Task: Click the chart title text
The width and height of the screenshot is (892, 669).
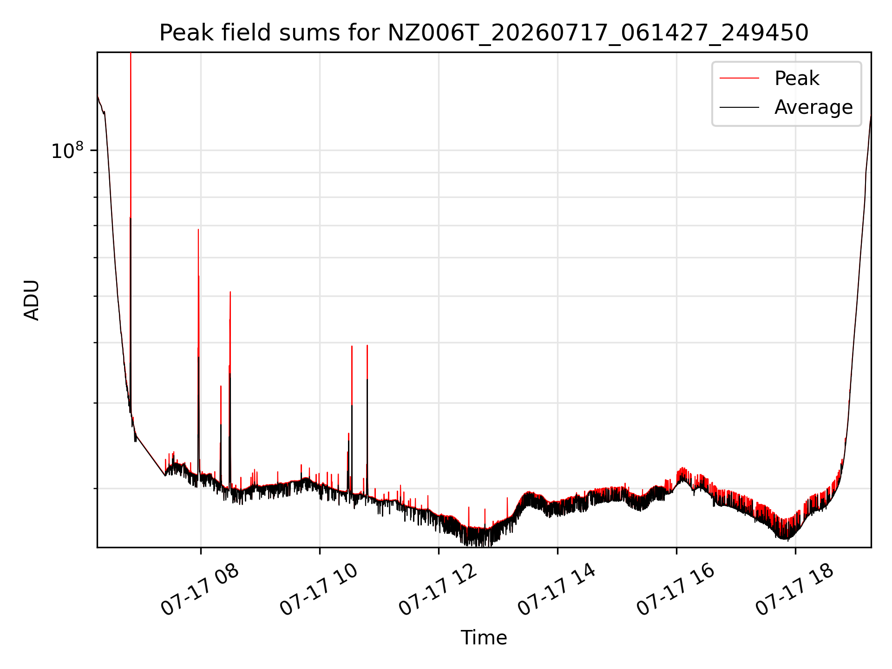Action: click(x=484, y=33)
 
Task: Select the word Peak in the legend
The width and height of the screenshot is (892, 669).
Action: click(x=797, y=79)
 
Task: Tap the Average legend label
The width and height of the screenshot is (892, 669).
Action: click(x=813, y=107)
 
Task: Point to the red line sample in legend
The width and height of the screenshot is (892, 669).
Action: click(x=739, y=79)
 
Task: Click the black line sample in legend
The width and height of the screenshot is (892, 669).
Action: click(x=739, y=107)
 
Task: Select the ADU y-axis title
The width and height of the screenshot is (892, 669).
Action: click(x=32, y=300)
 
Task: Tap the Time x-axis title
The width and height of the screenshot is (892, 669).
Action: click(x=484, y=637)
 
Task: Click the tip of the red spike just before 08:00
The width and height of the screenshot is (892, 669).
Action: click(x=198, y=230)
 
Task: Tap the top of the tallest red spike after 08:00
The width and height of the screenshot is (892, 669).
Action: click(x=230, y=292)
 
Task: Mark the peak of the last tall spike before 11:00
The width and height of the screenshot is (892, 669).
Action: click(x=367, y=345)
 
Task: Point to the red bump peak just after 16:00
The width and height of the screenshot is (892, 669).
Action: click(x=682, y=468)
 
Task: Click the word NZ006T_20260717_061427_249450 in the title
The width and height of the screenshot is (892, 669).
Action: click(x=598, y=33)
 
